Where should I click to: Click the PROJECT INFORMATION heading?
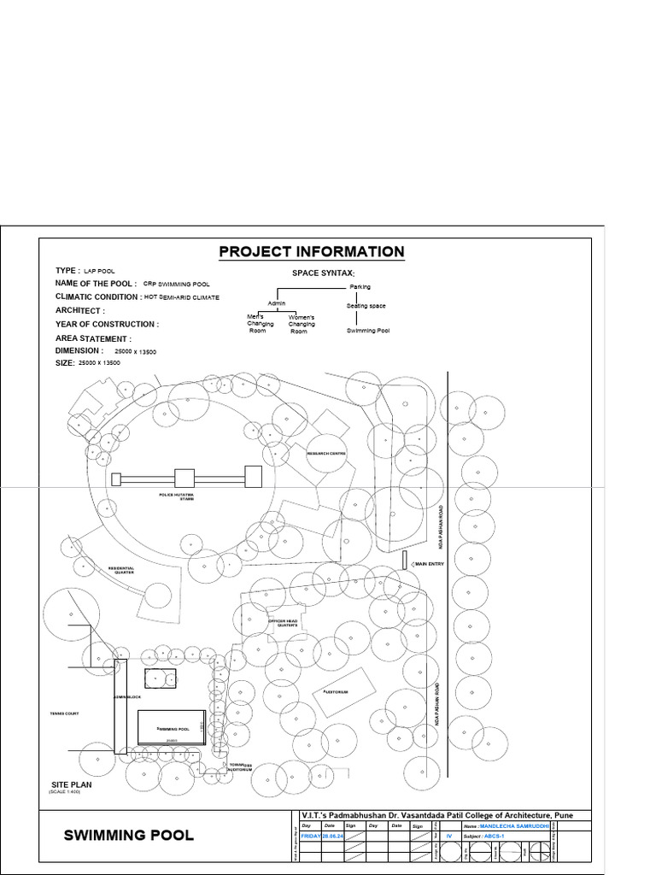coord(312,251)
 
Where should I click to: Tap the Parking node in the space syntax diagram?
coord(360,287)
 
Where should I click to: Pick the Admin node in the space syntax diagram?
coord(276,302)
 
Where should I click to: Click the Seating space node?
coord(366,305)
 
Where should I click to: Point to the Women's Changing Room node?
coord(301,324)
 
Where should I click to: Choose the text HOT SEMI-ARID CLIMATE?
coord(182,297)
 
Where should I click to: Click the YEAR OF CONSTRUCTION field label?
coord(107,325)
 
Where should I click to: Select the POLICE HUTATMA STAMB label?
coord(177,496)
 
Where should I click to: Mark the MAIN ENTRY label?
coord(430,564)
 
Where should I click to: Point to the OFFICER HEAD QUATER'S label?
coord(281,623)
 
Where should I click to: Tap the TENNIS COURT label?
coord(64,712)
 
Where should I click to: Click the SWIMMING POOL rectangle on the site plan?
coord(171,727)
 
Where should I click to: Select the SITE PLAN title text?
coord(72,784)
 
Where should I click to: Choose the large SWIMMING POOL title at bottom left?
coord(128,835)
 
